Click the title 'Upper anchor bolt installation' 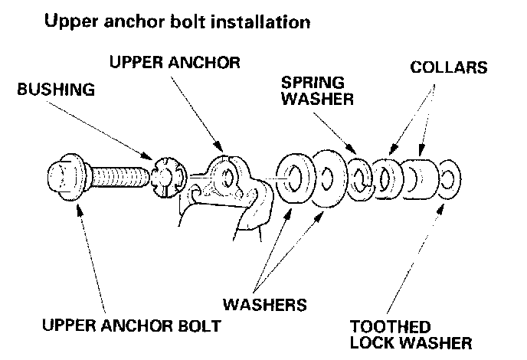click(x=177, y=22)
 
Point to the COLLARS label click(x=449, y=67)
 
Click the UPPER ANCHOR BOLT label click(x=132, y=326)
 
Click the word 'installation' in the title click(x=265, y=22)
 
